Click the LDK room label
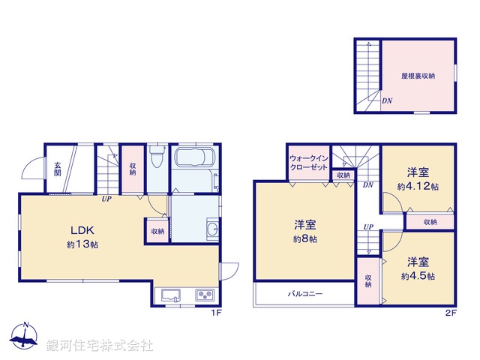pos(81,231)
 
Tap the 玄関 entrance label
pos(57,169)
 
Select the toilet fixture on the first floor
pos(156,158)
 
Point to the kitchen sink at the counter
pos(169,294)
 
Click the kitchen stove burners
pos(205,294)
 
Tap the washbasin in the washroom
pos(211,229)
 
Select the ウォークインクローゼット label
pos(309,163)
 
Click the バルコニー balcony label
pos(305,293)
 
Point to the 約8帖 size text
pos(304,239)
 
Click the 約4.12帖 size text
pos(418,186)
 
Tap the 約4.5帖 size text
pos(418,275)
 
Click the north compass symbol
pos(25,337)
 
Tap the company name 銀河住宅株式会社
pos(100,345)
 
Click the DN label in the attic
pos(386,100)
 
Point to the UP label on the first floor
pos(107,199)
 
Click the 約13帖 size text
pos(81,244)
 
